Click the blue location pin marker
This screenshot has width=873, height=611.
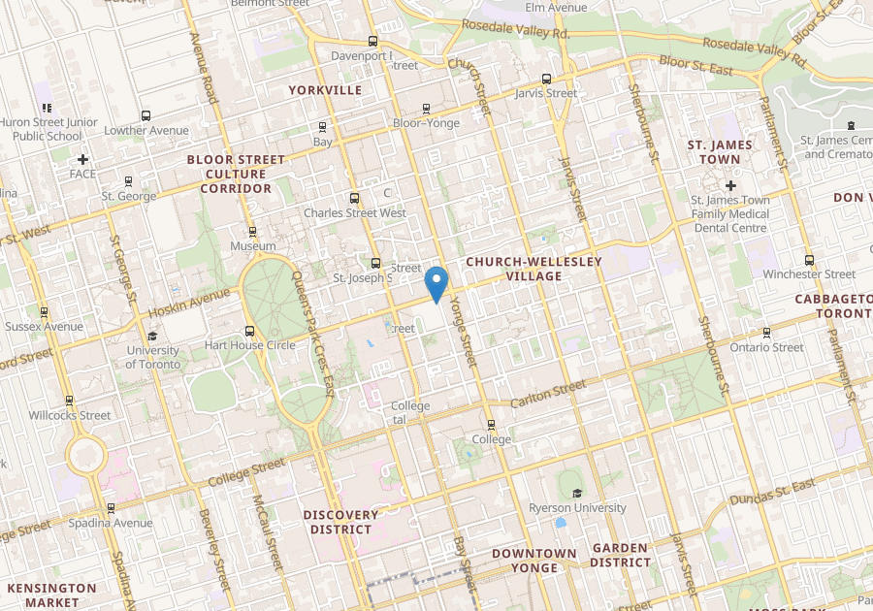point(436,283)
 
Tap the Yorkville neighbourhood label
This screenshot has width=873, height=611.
point(325,90)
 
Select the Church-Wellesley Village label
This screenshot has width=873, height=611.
point(533,269)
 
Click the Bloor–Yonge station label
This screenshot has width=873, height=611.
point(427,123)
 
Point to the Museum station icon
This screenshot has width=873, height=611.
point(252,232)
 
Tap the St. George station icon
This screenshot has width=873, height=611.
point(128,181)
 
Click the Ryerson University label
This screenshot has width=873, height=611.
point(577,507)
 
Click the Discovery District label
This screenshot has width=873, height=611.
point(340,522)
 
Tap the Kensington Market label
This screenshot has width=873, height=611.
point(52,595)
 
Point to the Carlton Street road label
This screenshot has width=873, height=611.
point(548,394)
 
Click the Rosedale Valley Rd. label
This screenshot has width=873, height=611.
point(514,29)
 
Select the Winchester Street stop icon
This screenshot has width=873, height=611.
point(809,260)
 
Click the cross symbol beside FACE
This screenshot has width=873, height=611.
point(83,159)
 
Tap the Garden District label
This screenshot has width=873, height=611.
point(620,555)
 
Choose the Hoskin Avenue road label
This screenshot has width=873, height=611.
point(190,305)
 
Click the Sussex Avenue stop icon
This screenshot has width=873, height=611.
point(44,312)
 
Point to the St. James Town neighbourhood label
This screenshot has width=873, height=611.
point(720,151)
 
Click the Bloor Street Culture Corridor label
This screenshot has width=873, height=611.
point(236,174)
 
